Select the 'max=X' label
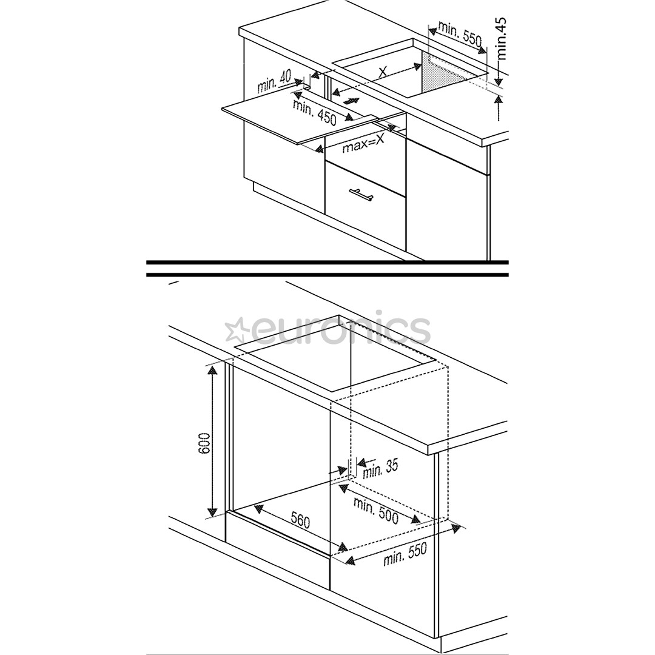pyautogui.click(x=363, y=144)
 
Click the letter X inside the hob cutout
pyautogui.click(x=383, y=72)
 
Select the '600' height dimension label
pyautogui.click(x=204, y=443)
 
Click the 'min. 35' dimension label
pyautogui.click(x=379, y=469)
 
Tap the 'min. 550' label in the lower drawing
pyautogui.click(x=405, y=554)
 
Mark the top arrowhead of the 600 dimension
pyautogui.click(x=213, y=370)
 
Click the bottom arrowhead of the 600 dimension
pyautogui.click(x=213, y=512)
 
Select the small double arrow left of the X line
pyautogui.click(x=351, y=101)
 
